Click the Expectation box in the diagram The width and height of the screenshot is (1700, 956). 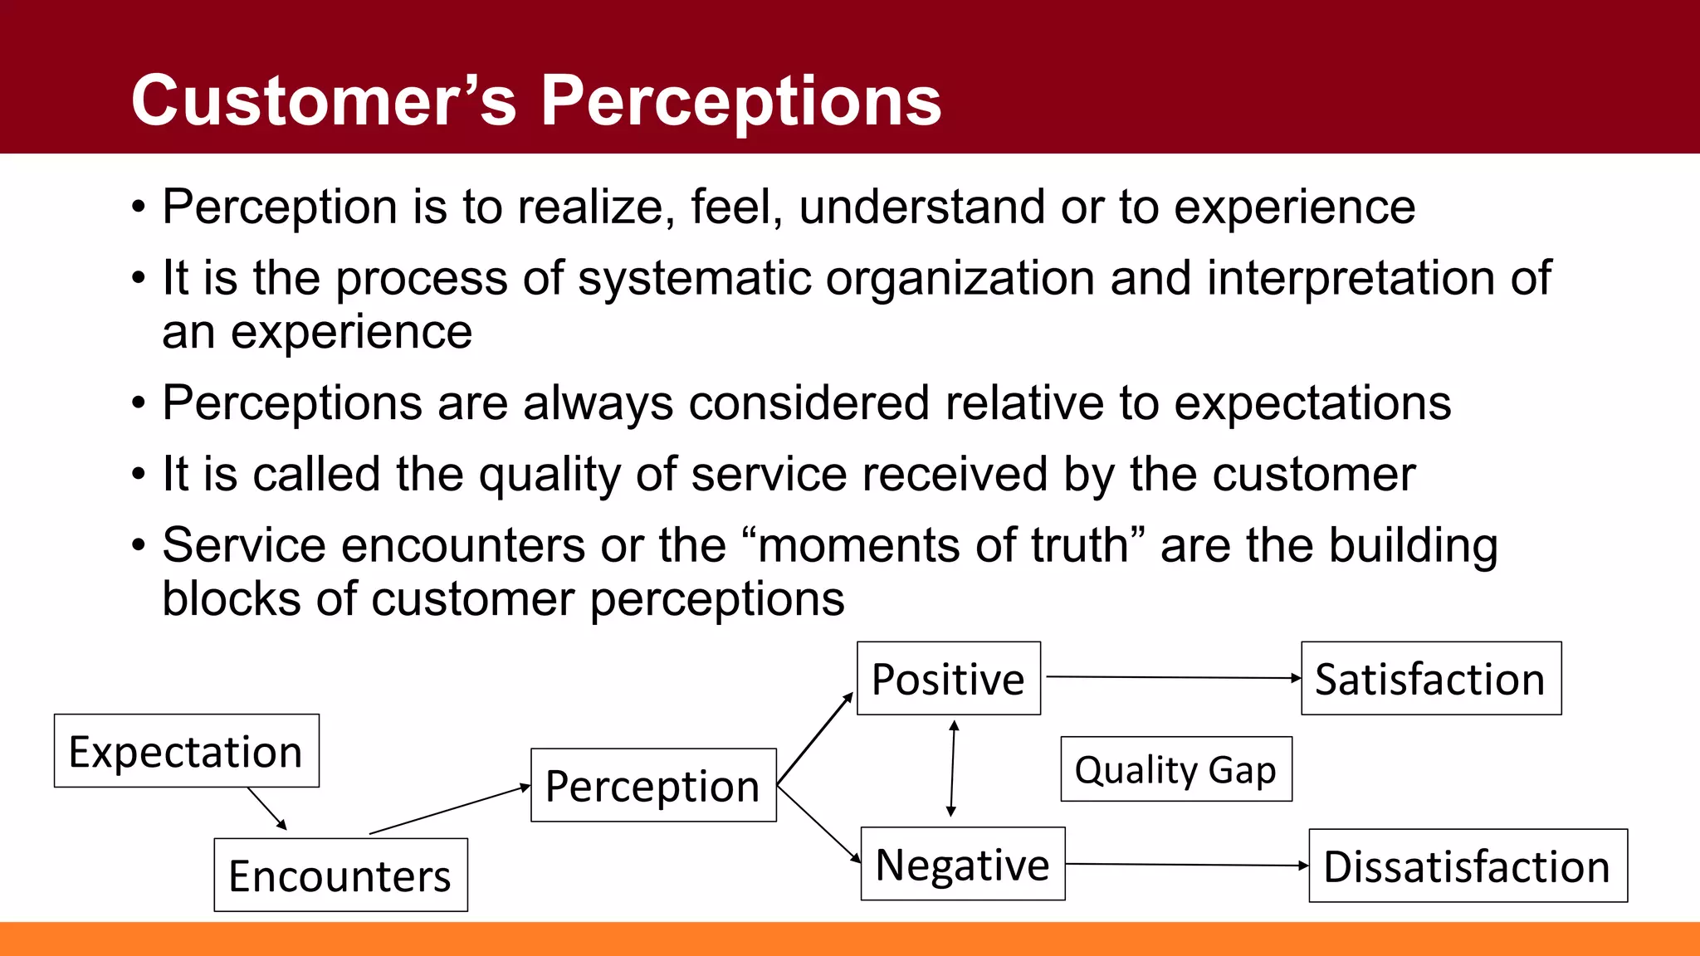[x=186, y=751]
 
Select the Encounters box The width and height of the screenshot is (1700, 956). [x=340, y=876]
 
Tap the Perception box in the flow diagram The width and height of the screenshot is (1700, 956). [x=653, y=785]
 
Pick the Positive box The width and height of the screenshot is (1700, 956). [x=948, y=679]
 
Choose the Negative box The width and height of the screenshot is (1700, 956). [x=963, y=864]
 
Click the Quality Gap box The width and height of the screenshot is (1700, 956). [x=1176, y=769]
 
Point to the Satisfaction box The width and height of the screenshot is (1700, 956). [x=1430, y=679]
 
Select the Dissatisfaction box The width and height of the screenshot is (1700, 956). [x=1468, y=866]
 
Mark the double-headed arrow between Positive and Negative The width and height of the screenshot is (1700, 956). [x=953, y=768]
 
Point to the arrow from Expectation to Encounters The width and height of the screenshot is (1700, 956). [x=266, y=808]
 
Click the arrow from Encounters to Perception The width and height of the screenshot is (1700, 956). [x=448, y=809]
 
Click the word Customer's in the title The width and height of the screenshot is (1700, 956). [x=324, y=101]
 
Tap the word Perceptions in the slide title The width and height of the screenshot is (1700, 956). [x=741, y=101]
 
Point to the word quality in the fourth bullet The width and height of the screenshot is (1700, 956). [x=550, y=475]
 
